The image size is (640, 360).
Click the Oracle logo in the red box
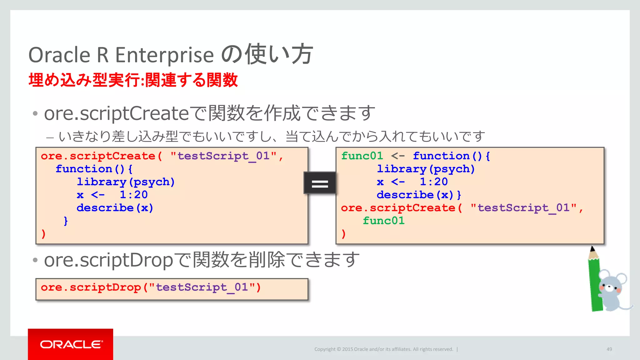pos(71,344)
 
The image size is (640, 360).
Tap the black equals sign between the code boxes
pos(320,183)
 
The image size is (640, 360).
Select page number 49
pos(609,349)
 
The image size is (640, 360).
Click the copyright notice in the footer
pos(383,349)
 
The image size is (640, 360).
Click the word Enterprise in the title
pos(164,55)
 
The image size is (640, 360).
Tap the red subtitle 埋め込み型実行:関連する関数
pos(133,80)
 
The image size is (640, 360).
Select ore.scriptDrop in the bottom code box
pos(91,287)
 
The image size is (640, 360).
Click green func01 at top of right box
pos(362,156)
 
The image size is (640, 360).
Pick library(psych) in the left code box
pos(126,182)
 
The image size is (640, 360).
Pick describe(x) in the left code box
pos(115,208)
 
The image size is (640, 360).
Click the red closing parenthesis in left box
pos(43,234)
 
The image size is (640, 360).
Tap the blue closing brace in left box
pos(66,221)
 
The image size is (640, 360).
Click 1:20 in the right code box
pos(434,182)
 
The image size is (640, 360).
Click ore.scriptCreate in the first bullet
pos(116,113)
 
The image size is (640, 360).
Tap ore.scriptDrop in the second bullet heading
pos(108,260)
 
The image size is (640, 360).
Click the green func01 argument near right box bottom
pos(383,221)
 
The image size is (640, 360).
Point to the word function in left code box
pos(84,169)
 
